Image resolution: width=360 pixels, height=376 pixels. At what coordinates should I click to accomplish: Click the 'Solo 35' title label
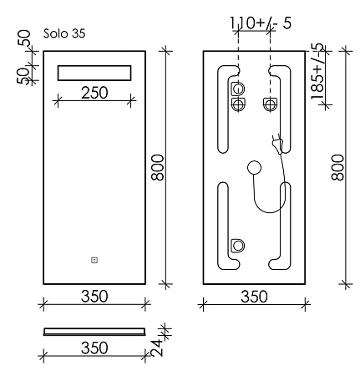click(x=64, y=33)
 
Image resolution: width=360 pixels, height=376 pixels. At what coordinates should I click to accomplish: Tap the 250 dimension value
click(x=94, y=93)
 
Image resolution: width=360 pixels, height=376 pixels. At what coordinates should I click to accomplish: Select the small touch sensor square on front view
click(x=94, y=260)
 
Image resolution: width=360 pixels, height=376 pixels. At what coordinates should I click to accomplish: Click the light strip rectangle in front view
click(x=94, y=73)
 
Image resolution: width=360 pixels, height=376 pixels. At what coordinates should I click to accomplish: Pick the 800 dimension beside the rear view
click(x=337, y=168)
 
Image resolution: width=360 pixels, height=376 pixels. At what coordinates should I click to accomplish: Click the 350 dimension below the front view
click(x=94, y=296)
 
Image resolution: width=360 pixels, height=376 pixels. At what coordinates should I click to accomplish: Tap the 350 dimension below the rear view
click(x=254, y=297)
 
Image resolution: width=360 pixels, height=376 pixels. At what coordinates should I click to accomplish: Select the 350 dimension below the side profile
click(x=94, y=348)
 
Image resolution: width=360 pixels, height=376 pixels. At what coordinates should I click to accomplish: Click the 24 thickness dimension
click(x=157, y=347)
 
